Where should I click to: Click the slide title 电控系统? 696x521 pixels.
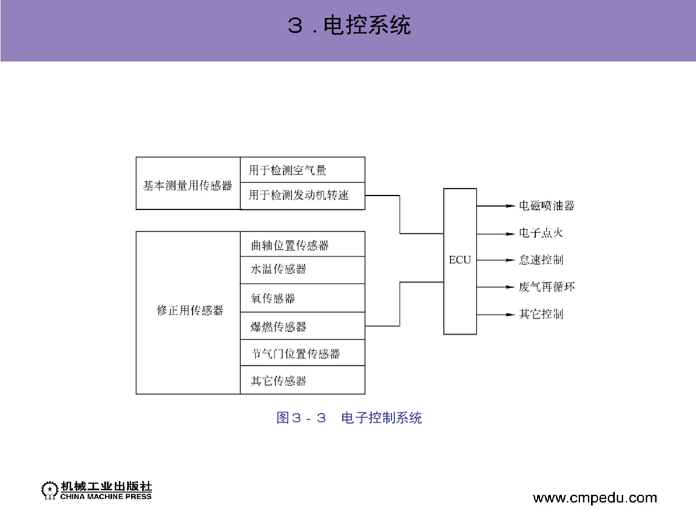coord(349,25)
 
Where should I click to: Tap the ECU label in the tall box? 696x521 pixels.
coord(460,260)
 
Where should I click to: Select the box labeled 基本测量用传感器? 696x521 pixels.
coord(188,183)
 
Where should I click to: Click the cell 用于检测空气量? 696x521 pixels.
coord(303,169)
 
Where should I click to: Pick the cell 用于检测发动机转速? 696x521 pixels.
coord(303,196)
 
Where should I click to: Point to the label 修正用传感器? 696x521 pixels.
coord(190,310)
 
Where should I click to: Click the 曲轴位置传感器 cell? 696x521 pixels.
coord(303,244)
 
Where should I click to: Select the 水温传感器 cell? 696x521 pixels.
coord(303,270)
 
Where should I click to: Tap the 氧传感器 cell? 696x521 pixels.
coord(303,298)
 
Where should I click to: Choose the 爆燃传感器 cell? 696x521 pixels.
coord(303,326)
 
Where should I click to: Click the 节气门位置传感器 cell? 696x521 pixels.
coord(303,353)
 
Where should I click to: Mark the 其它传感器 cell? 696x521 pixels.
coord(303,380)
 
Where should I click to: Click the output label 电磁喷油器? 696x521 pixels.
coord(547,205)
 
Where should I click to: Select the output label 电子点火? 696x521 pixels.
coord(541,233)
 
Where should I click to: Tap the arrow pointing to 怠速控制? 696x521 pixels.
coord(495,260)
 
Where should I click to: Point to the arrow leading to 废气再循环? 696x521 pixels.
coord(495,287)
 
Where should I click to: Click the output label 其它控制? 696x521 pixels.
coord(541,314)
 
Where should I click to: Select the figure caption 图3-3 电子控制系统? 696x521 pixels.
coord(349,418)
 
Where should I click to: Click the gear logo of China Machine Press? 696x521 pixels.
coord(49,490)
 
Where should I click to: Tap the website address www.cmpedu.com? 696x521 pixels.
coord(595,498)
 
